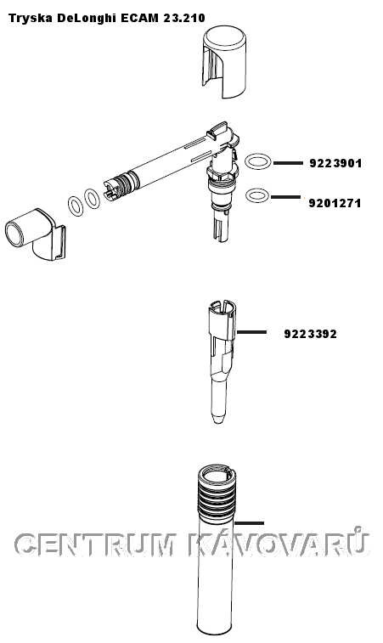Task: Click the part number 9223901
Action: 335,164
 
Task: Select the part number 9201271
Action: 335,203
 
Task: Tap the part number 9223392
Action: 311,334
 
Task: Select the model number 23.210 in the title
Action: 184,18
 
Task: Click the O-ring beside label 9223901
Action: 258,161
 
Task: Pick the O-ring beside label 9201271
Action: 257,195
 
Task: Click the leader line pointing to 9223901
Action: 288,163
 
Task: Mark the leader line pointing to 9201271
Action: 286,197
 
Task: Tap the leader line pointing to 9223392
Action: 251,332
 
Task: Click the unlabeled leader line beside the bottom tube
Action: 250,523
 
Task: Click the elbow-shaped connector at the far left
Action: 35,234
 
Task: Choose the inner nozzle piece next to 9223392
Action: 222,362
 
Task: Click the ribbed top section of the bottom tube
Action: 216,495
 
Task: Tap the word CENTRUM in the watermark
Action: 96,545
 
